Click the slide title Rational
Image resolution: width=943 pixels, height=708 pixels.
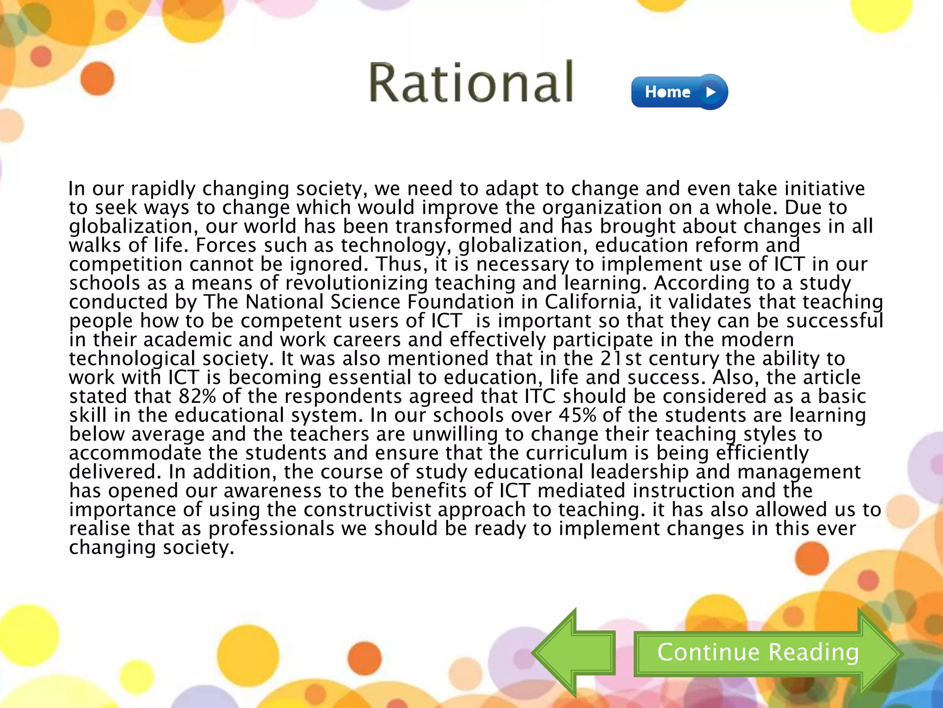pyautogui.click(x=471, y=83)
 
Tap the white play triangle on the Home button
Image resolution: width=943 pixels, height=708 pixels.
pyautogui.click(x=710, y=92)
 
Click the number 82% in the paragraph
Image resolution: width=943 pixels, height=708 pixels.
pyautogui.click(x=197, y=396)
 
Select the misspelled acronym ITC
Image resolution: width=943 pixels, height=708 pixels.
pyautogui.click(x=540, y=396)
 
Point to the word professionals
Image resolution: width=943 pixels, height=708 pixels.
pyautogui.click(x=271, y=529)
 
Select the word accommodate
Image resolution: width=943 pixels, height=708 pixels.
pyautogui.click(x=135, y=453)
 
